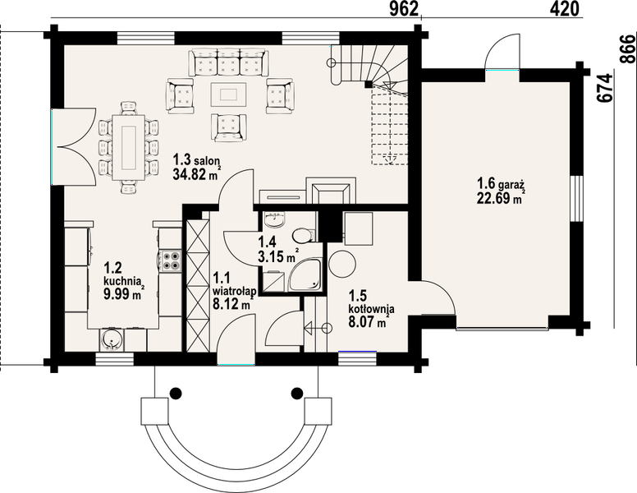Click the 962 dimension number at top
point(404,8)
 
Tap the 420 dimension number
point(565,8)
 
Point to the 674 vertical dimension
point(605,87)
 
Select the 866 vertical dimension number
point(628,48)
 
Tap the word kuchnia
point(122,281)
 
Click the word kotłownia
point(371,308)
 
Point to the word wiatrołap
point(234,291)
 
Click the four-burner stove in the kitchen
point(171,260)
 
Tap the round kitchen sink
point(111,339)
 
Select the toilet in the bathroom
point(302,235)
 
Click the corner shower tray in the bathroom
point(305,275)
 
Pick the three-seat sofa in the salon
point(228,62)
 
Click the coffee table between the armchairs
point(229,94)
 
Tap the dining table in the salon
point(129,147)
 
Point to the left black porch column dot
point(175,393)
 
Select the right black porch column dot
point(297,393)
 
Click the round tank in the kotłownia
point(342,264)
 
